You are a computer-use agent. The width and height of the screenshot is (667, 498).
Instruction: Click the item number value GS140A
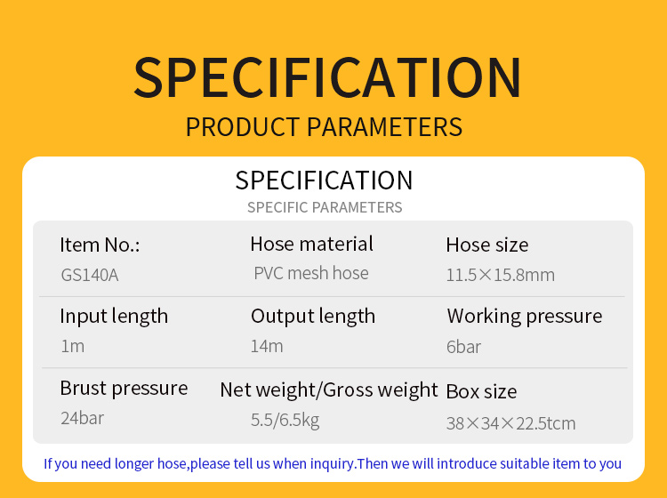click(90, 275)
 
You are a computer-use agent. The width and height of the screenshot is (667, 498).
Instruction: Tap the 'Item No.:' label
click(100, 245)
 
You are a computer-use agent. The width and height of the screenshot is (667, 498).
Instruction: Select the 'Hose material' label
click(312, 245)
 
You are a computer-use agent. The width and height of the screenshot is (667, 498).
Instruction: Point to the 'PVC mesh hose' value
click(311, 273)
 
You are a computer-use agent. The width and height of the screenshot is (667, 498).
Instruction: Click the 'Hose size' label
click(487, 245)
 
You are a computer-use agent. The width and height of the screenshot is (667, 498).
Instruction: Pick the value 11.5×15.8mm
click(500, 275)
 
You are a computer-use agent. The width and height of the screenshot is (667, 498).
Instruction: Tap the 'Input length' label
click(114, 317)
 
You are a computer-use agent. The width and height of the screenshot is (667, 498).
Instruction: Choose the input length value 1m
click(73, 346)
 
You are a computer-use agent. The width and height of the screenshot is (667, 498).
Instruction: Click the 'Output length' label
click(313, 317)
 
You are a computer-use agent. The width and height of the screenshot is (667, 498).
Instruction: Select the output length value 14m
click(267, 346)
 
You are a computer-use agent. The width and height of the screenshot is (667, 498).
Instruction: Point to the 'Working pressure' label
click(525, 317)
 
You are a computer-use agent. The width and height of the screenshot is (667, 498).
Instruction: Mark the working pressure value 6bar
click(463, 347)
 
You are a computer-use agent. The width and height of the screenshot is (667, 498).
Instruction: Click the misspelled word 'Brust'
click(84, 388)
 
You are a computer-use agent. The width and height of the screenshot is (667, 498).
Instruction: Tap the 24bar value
click(82, 418)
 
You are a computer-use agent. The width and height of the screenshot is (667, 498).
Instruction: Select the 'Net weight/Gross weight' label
click(329, 390)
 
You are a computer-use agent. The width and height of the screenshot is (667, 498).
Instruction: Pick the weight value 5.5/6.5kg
click(285, 420)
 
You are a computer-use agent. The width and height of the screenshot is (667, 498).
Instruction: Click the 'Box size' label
click(481, 391)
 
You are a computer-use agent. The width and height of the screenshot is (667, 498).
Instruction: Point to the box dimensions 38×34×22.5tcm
click(510, 423)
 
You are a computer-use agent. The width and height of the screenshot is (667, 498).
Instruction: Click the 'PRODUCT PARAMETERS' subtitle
click(324, 127)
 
